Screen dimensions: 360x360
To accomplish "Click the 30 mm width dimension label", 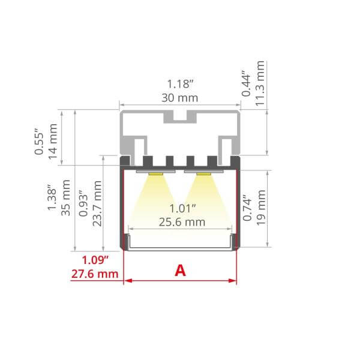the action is click(180, 98).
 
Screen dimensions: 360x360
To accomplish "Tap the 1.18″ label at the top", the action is click(180, 84).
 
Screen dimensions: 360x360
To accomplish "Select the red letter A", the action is click(180, 271).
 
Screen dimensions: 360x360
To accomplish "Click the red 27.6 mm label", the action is click(95, 274).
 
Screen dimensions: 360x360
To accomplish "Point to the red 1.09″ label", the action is click(95, 260).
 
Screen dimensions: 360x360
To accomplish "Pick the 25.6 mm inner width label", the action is click(182, 222).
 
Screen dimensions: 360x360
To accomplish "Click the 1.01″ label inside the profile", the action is click(182, 208).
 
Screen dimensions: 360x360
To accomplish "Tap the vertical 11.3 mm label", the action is click(260, 83).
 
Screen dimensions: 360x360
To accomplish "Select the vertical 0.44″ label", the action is click(247, 83).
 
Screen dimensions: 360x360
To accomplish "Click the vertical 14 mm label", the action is click(53, 141).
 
